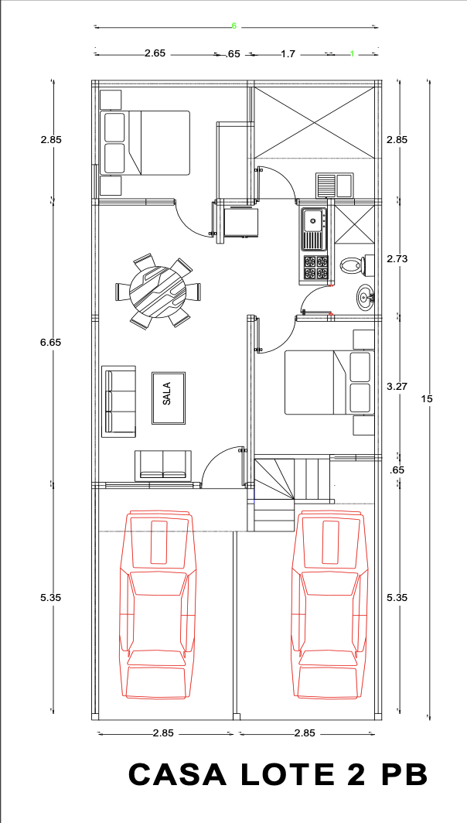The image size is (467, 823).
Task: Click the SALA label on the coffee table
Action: pyautogui.click(x=167, y=397)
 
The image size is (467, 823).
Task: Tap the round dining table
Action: pyautogui.click(x=157, y=291)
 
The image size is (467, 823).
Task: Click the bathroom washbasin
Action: pyautogui.click(x=365, y=298)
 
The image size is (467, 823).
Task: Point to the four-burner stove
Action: pyautogui.click(x=315, y=268)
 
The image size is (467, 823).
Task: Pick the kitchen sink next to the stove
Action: pyautogui.click(x=315, y=229)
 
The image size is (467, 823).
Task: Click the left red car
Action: pyautogui.click(x=158, y=606)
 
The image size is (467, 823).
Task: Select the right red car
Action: pyautogui.click(x=330, y=606)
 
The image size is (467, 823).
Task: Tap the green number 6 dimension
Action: pyautogui.click(x=234, y=26)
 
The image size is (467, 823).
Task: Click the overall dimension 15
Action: pyautogui.click(x=427, y=399)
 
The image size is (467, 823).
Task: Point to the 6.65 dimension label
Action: pyautogui.click(x=51, y=342)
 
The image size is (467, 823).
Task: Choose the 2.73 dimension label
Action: pyautogui.click(x=397, y=259)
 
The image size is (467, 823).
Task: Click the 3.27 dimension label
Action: pyautogui.click(x=397, y=386)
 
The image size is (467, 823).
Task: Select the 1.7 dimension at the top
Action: pyautogui.click(x=288, y=53)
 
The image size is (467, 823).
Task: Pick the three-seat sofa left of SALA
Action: pyautogui.click(x=118, y=401)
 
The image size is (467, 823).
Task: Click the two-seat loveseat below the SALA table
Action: pyautogui.click(x=163, y=465)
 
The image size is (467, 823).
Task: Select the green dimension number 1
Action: pyautogui.click(x=352, y=53)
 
